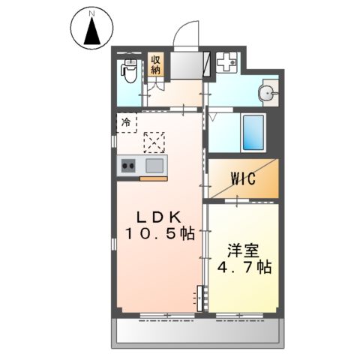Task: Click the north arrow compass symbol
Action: (92, 31)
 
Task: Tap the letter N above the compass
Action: (91, 13)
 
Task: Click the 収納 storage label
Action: (156, 64)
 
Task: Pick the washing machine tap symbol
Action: (226, 64)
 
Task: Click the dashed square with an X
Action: (154, 142)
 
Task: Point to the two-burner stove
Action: (127, 166)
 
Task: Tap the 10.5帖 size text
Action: (159, 233)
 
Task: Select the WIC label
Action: (244, 179)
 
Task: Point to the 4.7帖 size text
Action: (242, 267)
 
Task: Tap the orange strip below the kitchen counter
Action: (153, 179)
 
